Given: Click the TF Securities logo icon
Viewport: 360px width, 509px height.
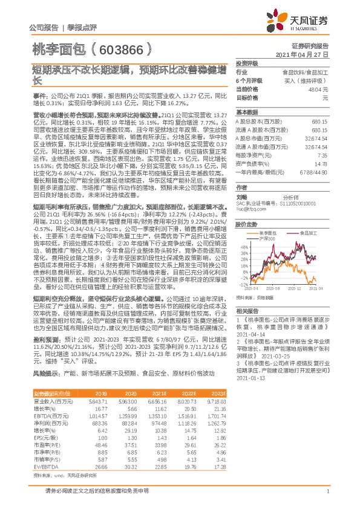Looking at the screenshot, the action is point(275,22).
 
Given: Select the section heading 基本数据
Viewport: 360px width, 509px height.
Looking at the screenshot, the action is point(246,112).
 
